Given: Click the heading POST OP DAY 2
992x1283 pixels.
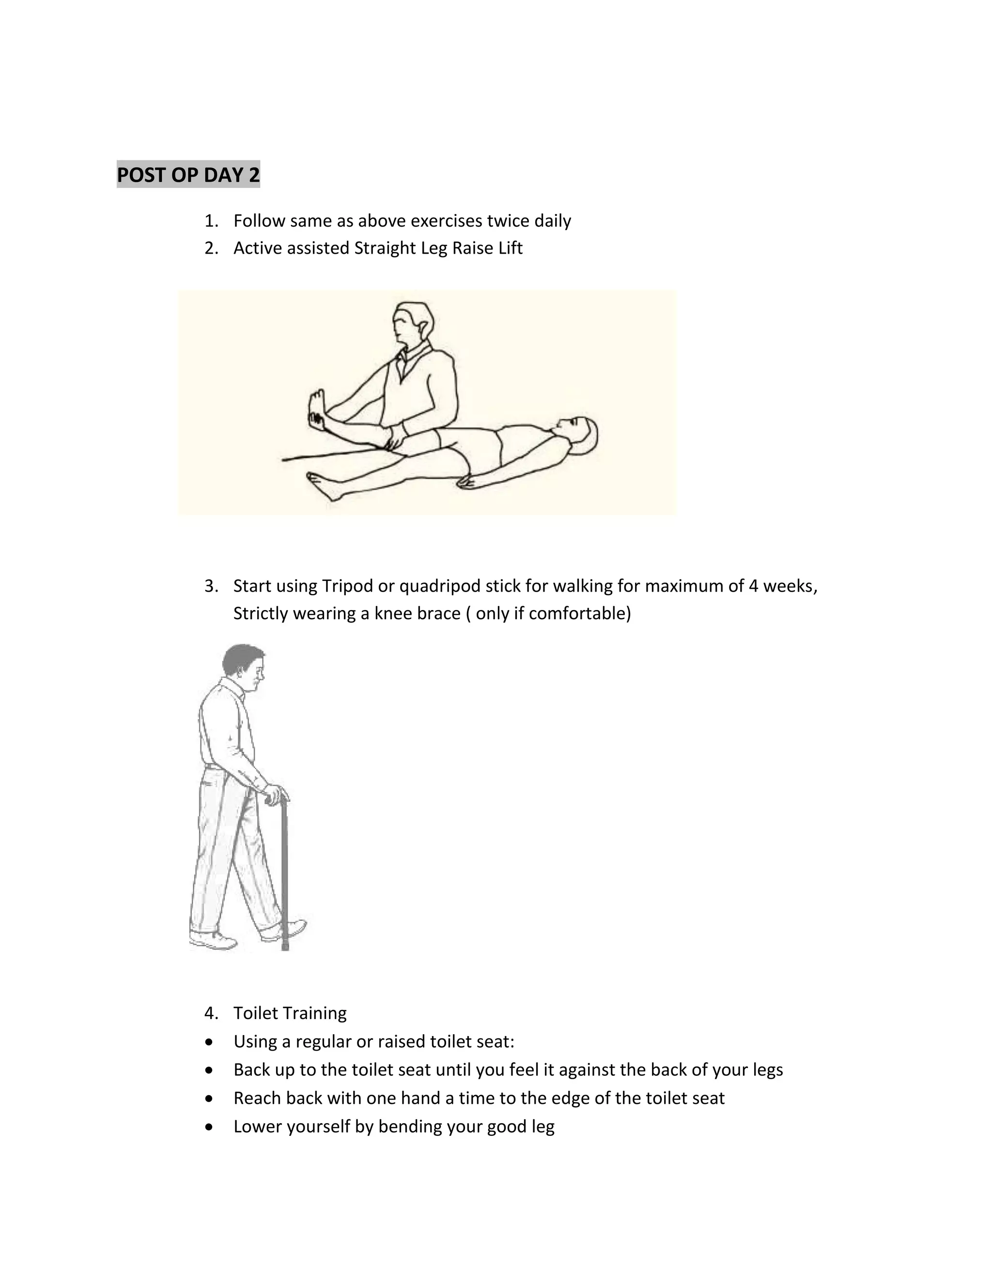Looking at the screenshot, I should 188,175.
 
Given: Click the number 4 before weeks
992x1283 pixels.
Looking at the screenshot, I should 753,586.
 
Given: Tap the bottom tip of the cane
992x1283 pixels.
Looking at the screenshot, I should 286,947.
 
